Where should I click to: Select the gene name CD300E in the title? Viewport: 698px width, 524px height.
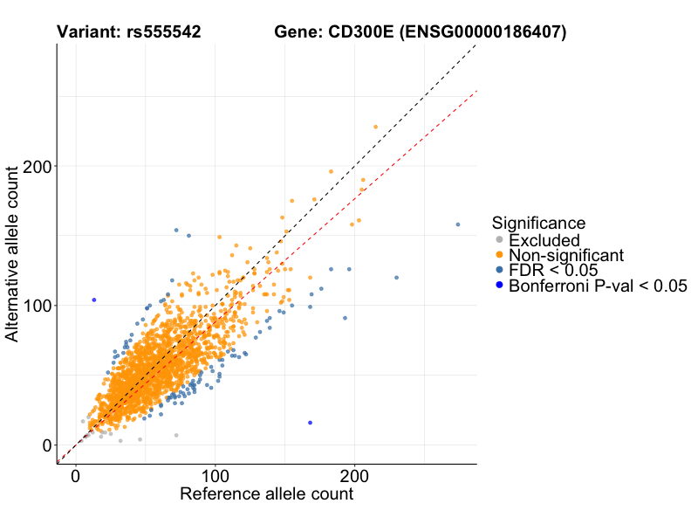(359, 32)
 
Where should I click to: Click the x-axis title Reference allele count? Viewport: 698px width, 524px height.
(266, 494)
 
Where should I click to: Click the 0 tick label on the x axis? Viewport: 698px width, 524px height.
(76, 477)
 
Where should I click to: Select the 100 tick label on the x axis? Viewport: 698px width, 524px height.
(216, 477)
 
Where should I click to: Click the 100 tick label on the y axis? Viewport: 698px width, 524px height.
(36, 306)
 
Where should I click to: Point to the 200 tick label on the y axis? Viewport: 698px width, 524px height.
(36, 167)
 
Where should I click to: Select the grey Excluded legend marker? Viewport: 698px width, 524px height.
(499, 240)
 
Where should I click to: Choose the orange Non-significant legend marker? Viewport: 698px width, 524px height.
(499, 255)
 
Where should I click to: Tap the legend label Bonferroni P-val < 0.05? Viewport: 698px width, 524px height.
(599, 286)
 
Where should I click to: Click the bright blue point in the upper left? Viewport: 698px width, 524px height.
(94, 300)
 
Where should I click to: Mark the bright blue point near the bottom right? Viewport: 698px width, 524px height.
(310, 423)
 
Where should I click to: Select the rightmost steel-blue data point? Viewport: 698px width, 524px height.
(458, 224)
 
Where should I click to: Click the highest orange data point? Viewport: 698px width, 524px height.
(376, 127)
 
